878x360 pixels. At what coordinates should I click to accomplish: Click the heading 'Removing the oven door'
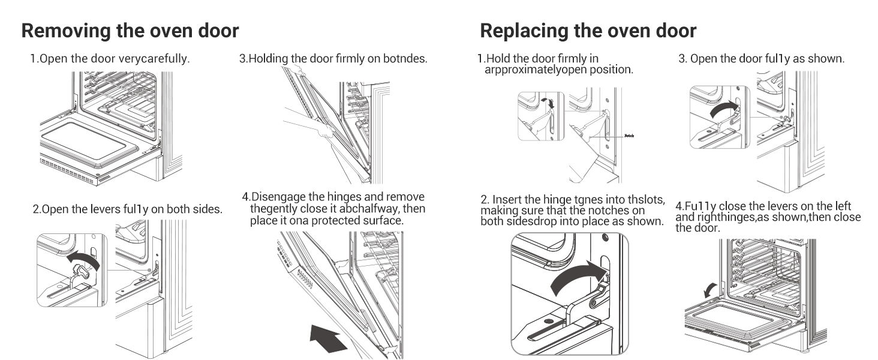130,31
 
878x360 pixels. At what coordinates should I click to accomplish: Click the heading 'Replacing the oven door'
588,31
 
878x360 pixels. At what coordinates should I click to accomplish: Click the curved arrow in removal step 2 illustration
82,260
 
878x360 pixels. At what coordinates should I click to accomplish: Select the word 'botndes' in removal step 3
407,59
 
